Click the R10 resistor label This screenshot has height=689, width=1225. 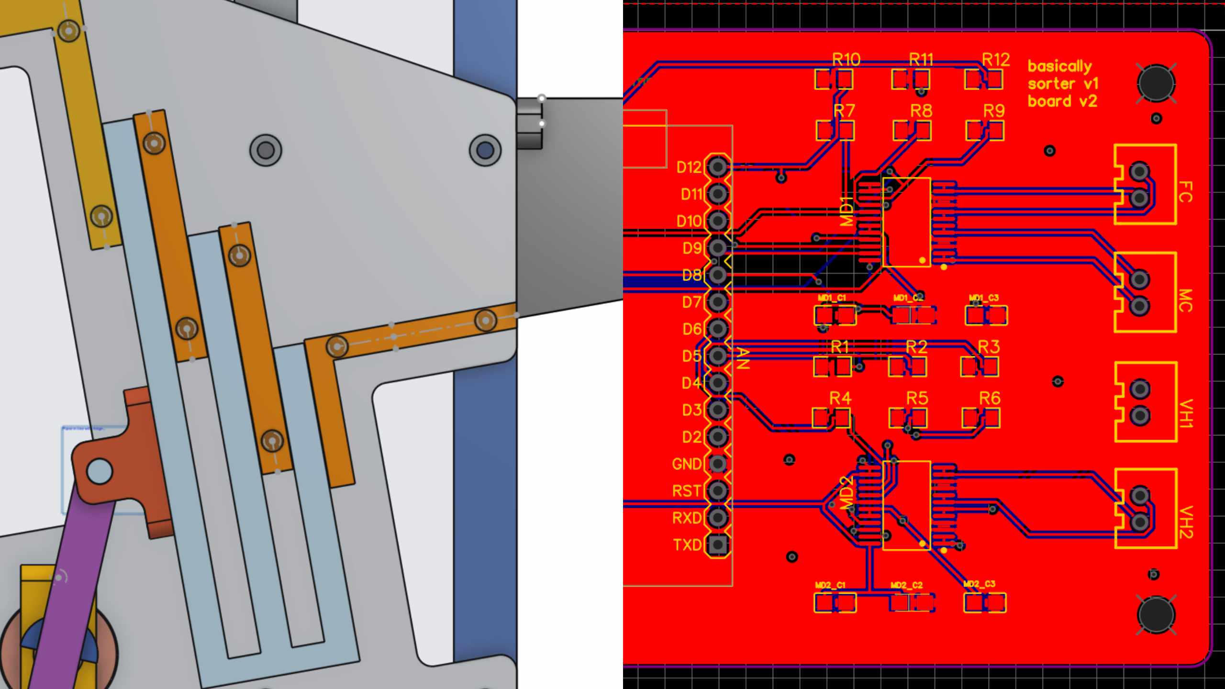(x=846, y=60)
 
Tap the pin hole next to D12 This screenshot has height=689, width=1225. (x=717, y=167)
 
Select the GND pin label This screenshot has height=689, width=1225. (x=687, y=464)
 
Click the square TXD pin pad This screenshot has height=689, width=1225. (x=717, y=544)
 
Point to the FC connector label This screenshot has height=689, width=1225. (x=1185, y=191)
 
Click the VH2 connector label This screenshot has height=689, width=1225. (x=1185, y=522)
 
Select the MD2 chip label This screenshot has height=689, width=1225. (x=846, y=493)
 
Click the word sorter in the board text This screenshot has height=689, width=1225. (x=1051, y=84)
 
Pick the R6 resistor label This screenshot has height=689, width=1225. (x=990, y=398)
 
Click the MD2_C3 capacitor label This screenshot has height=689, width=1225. (x=979, y=584)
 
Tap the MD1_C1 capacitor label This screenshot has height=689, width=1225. (x=832, y=298)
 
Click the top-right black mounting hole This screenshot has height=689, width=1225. (x=1156, y=83)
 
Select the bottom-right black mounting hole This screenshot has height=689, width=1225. (x=1156, y=615)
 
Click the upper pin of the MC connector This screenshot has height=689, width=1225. (x=1139, y=279)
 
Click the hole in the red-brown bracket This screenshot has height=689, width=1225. (x=99, y=471)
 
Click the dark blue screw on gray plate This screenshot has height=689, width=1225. (x=485, y=150)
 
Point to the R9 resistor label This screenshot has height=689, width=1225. (x=994, y=111)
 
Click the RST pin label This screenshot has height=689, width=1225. (x=687, y=491)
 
